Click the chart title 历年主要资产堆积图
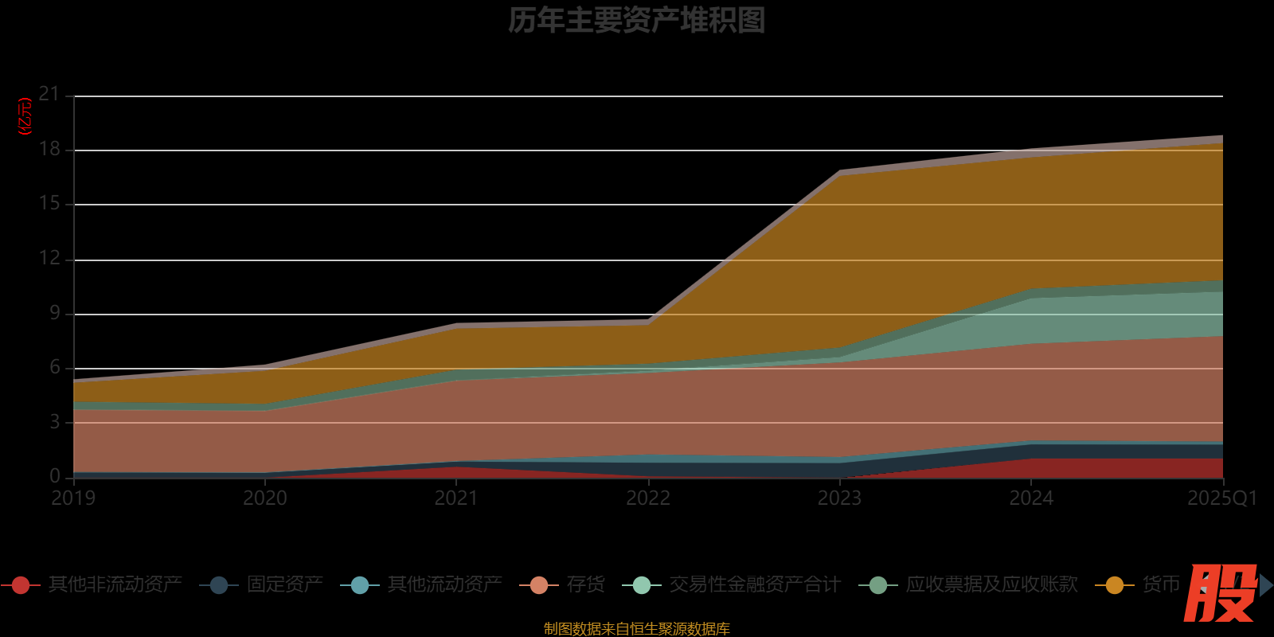[636, 21]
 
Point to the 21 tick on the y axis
[49, 95]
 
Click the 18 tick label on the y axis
[49, 149]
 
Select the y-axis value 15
[49, 204]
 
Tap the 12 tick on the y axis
[49, 258]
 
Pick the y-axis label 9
[55, 313]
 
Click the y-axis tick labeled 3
[55, 422]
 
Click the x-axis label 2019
[73, 498]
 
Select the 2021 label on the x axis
[456, 498]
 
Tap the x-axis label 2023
[839, 498]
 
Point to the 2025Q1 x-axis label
[1221, 498]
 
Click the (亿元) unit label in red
[25, 116]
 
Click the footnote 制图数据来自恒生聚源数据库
[636, 629]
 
